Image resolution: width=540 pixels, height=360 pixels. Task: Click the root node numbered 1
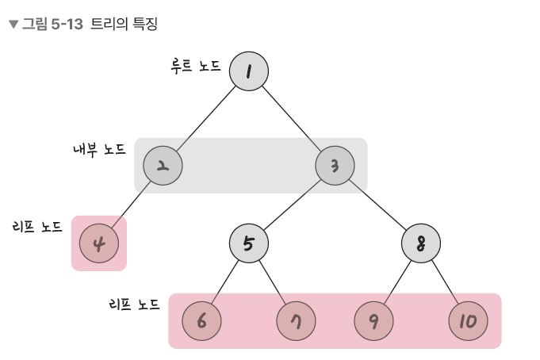pyautogui.click(x=249, y=71)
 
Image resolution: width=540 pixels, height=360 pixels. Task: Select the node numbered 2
pyautogui.click(x=163, y=166)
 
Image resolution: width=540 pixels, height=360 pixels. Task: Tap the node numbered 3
pyautogui.click(x=335, y=166)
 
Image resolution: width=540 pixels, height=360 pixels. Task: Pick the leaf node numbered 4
pyautogui.click(x=99, y=243)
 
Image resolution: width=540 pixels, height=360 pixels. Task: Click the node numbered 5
pyautogui.click(x=249, y=243)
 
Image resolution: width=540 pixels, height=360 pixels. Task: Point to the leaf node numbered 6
pyautogui.click(x=201, y=321)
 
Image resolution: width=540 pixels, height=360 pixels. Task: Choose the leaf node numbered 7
pyautogui.click(x=296, y=321)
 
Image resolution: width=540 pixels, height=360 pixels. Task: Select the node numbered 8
pyautogui.click(x=421, y=243)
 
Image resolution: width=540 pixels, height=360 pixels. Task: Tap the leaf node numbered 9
pyautogui.click(x=373, y=321)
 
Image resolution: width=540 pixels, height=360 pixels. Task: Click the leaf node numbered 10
pyautogui.click(x=469, y=321)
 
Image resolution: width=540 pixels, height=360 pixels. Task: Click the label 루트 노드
pyautogui.click(x=196, y=66)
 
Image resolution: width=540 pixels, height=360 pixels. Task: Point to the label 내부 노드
pyautogui.click(x=99, y=150)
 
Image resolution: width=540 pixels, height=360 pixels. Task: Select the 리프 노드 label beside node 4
pyautogui.click(x=37, y=227)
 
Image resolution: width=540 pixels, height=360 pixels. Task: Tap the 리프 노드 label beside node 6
pyautogui.click(x=134, y=304)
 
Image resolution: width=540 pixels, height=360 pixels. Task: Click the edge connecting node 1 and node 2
pyautogui.click(x=206, y=118)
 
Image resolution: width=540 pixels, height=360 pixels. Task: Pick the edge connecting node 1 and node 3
pyautogui.click(x=292, y=118)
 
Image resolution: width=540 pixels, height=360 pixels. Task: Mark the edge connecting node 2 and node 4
pyautogui.click(x=131, y=205)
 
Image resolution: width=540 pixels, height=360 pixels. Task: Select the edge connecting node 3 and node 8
pyautogui.click(x=377, y=205)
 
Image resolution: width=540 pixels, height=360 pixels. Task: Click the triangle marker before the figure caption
pyautogui.click(x=13, y=25)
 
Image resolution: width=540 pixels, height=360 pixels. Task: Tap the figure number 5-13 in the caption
pyautogui.click(x=67, y=25)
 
